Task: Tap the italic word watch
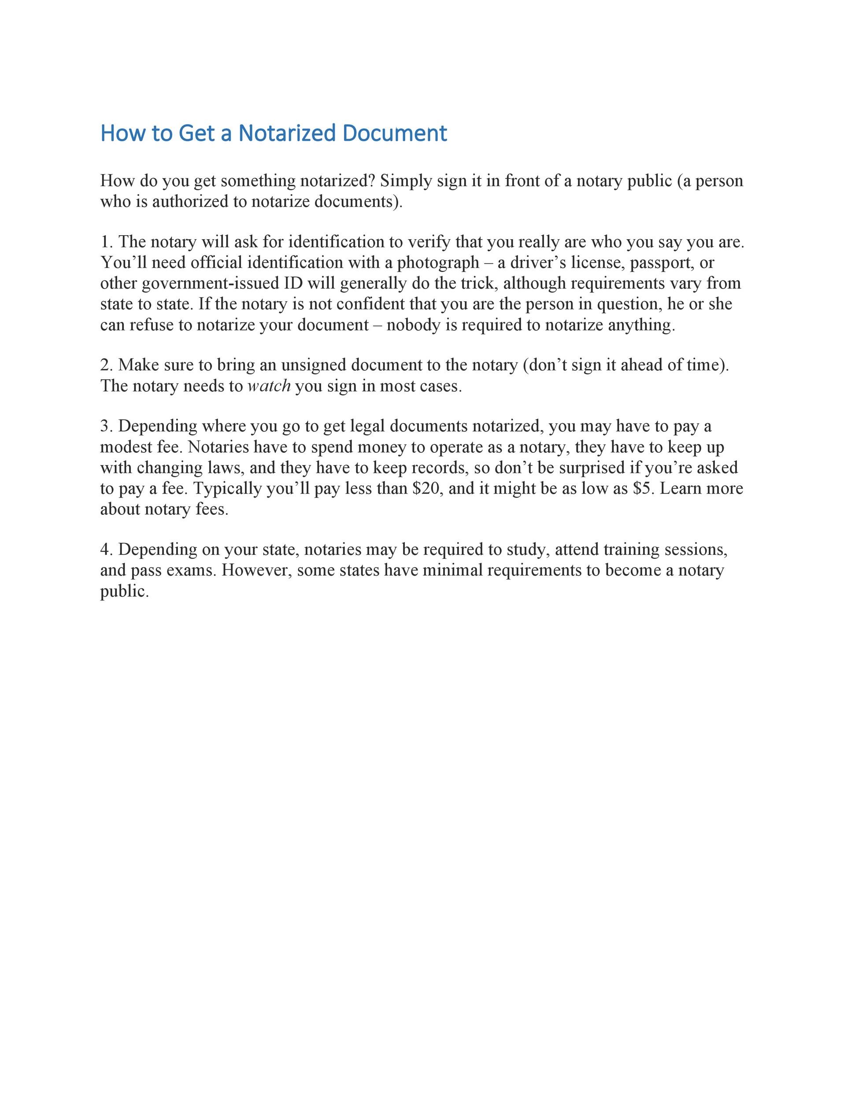click(269, 386)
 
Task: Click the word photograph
click(438, 262)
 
